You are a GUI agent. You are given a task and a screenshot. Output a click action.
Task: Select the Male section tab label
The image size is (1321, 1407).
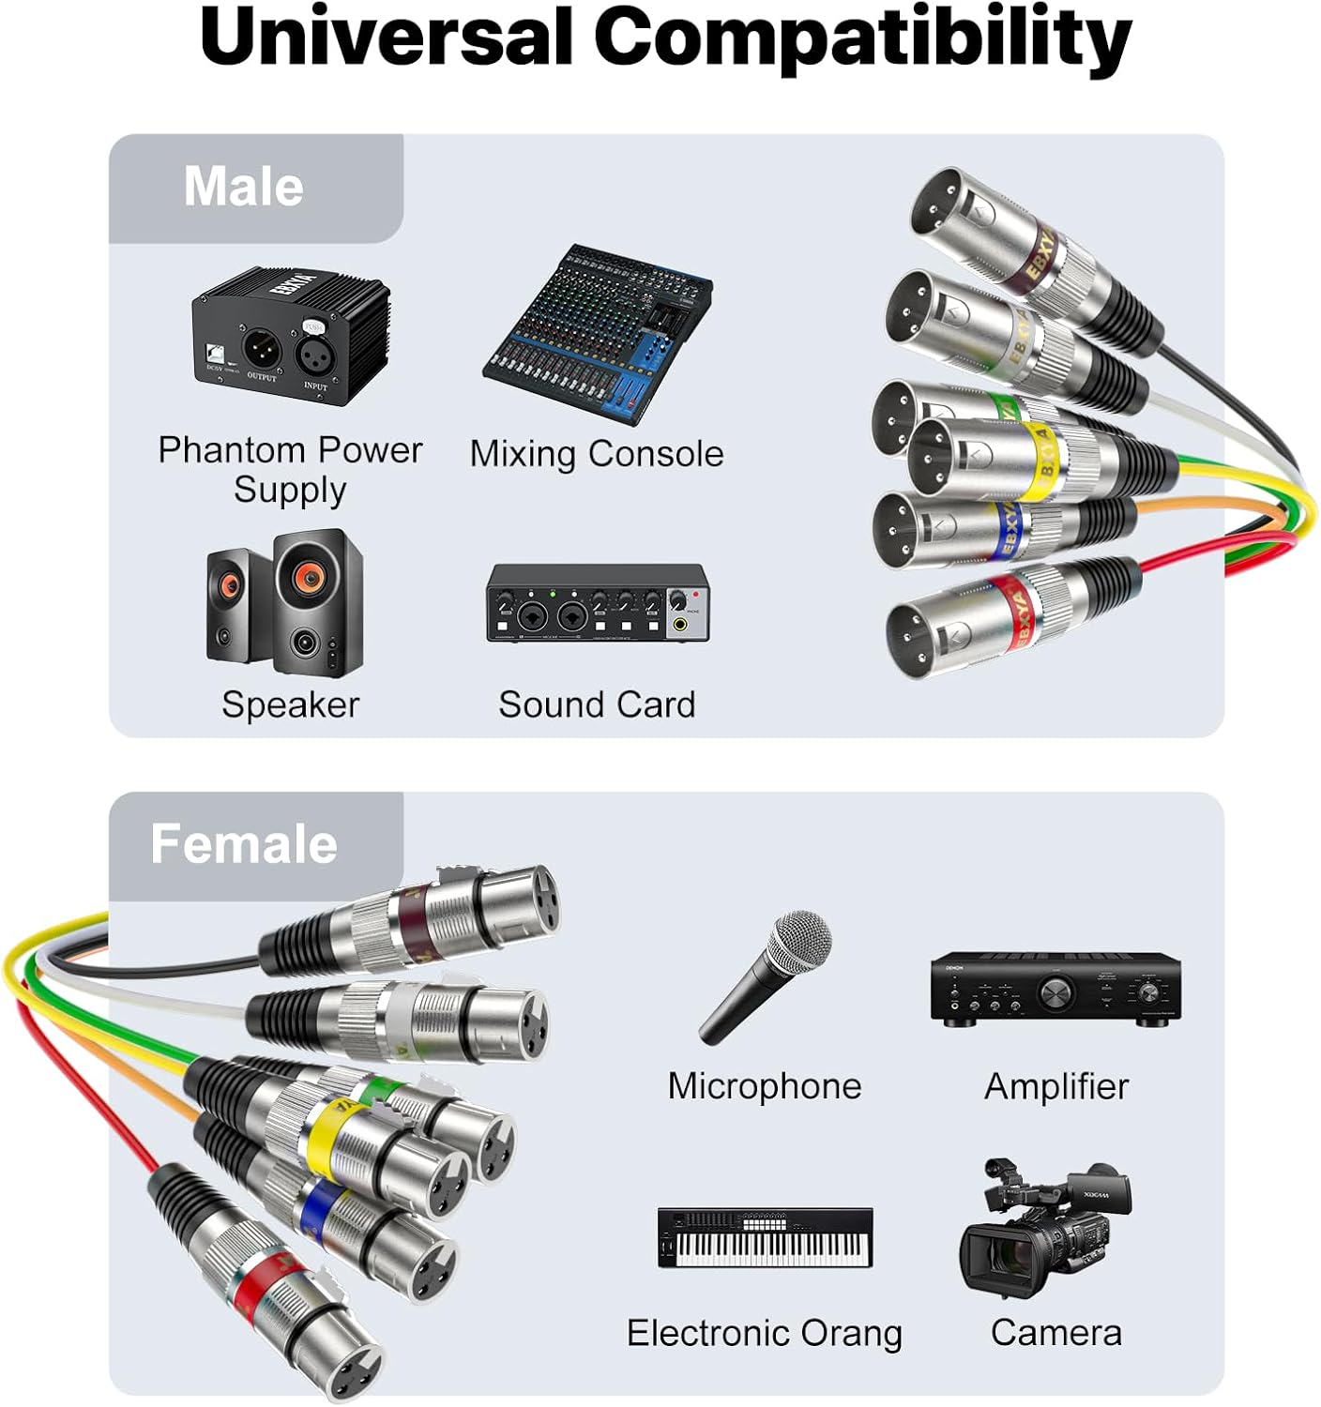tap(244, 187)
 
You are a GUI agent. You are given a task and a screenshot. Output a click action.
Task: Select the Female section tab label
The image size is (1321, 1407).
tap(244, 843)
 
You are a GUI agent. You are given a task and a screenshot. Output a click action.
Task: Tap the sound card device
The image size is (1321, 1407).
tap(597, 604)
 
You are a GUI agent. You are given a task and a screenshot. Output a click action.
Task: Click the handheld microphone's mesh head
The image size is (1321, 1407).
tap(800, 941)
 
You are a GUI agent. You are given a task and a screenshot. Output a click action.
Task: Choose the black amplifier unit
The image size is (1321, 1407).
tap(1055, 990)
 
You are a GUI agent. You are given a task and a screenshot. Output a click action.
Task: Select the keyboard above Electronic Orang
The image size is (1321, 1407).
tap(765, 1238)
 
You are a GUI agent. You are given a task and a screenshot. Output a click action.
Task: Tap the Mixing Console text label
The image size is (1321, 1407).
tap(597, 454)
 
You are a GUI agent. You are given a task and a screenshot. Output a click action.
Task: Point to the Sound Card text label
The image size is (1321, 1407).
tap(597, 704)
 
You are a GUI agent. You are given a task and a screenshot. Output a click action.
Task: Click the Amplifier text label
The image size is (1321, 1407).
tap(1055, 1086)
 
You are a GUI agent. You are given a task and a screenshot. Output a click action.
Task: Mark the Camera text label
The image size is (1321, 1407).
tap(1055, 1333)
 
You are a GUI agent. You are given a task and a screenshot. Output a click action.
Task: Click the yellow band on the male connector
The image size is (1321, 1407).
tap(1041, 460)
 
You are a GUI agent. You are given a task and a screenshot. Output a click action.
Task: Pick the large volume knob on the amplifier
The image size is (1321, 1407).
tap(1056, 993)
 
